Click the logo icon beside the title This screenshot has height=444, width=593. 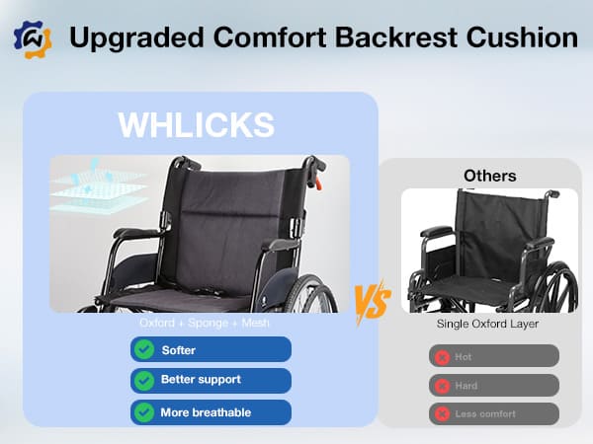(32, 39)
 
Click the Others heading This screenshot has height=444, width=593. (489, 176)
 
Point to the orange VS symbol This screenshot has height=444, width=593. (372, 297)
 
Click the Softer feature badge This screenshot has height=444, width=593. (211, 349)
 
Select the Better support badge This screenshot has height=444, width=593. (211, 380)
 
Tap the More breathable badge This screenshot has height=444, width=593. (211, 411)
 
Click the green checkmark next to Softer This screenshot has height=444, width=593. (144, 349)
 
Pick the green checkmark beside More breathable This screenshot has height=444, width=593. (144, 411)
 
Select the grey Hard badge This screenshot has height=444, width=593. (493, 385)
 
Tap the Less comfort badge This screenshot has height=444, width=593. (493, 413)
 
